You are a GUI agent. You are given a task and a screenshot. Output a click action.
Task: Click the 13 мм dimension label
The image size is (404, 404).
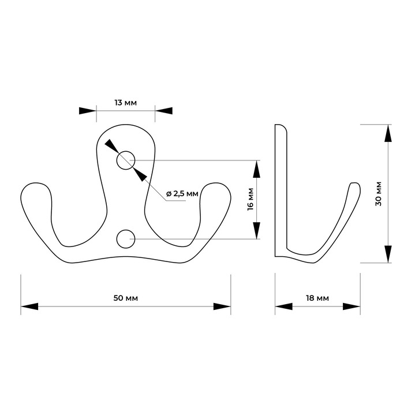pos(126,103)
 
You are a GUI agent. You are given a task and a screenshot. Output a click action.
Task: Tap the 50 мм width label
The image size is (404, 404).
pos(126,298)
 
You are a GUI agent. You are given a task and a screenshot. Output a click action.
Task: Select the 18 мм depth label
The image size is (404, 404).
pos(317,298)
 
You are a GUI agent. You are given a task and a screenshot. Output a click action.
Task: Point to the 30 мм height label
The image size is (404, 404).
pos(379,193)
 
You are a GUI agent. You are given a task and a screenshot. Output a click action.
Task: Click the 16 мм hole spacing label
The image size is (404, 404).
pos(250,200)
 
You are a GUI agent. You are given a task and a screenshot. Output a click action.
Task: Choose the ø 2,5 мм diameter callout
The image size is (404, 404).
pos(182,193)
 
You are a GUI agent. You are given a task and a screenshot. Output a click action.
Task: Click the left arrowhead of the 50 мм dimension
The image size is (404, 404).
pos(29,306)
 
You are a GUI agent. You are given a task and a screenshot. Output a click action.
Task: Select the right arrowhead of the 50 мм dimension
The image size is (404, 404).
pos(222,306)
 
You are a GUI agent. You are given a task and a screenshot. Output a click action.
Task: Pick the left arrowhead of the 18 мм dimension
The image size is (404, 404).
pos(284,306)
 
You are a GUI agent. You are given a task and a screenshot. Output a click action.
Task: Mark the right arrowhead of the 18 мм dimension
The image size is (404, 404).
pos(351,306)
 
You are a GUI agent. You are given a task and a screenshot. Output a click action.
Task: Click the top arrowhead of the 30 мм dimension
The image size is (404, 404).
pos(388,133)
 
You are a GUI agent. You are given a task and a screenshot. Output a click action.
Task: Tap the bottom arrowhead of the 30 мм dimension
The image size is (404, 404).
pos(388,254)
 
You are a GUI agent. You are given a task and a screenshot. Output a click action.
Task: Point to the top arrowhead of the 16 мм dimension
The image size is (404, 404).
pos(257,169)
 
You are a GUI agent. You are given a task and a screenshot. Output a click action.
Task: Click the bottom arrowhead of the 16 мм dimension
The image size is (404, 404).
pos(257,230)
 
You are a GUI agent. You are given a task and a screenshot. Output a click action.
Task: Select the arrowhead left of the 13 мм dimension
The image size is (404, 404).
pos(88,111)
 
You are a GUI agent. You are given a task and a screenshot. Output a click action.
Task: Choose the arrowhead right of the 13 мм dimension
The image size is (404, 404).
pos(164,111)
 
